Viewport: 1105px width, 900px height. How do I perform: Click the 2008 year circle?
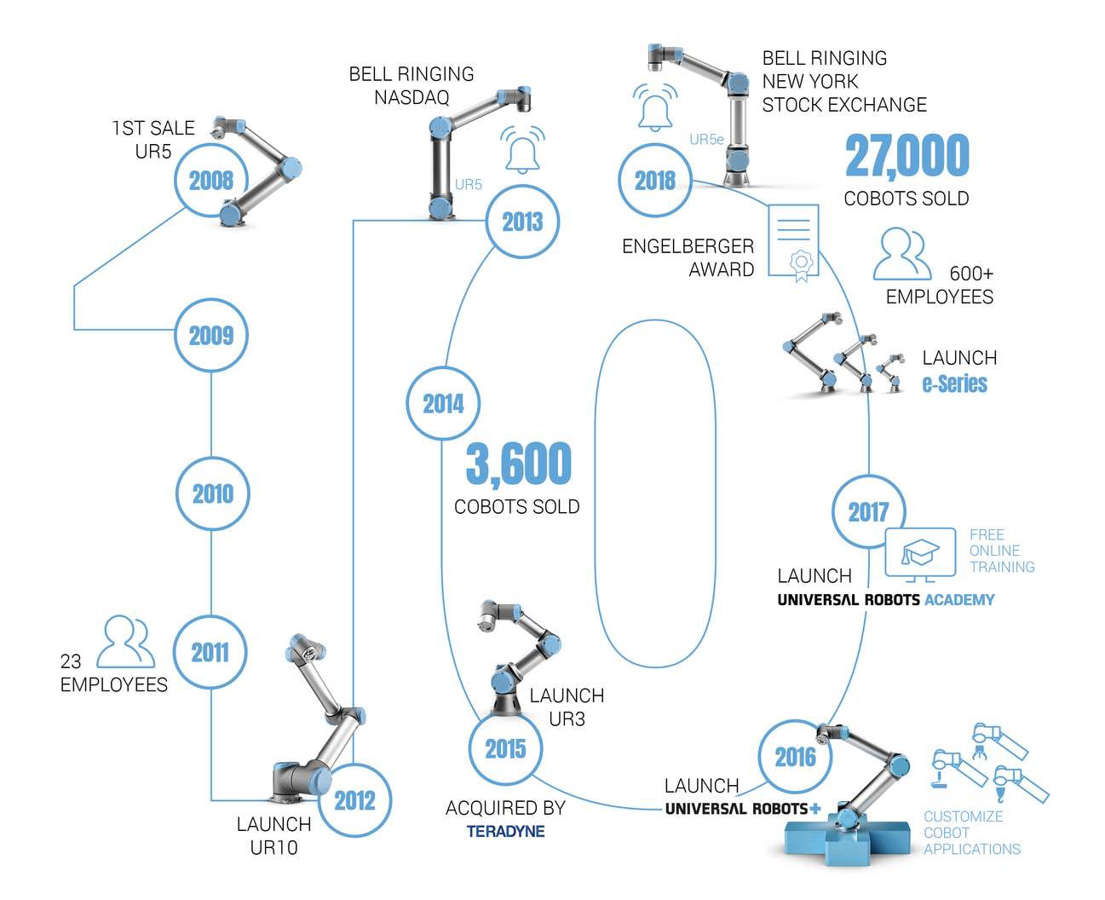pyautogui.click(x=210, y=180)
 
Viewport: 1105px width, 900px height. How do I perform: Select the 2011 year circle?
pyautogui.click(x=210, y=652)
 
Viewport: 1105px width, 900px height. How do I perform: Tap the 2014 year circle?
pyautogui.click(x=443, y=403)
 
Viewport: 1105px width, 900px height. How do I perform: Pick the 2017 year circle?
pyautogui.click(x=868, y=511)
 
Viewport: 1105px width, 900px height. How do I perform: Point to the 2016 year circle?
pyautogui.click(x=795, y=756)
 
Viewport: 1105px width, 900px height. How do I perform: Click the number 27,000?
pyautogui.click(x=906, y=156)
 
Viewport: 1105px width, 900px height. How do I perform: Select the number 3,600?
pyautogui.click(x=518, y=464)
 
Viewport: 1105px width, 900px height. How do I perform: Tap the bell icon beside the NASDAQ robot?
pyautogui.click(x=522, y=151)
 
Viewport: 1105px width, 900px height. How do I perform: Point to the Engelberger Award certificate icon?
pyautogui.click(x=794, y=241)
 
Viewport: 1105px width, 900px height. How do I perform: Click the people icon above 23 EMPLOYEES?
pyautogui.click(x=125, y=642)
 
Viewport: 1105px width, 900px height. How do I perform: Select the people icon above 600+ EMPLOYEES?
pyautogui.click(x=902, y=253)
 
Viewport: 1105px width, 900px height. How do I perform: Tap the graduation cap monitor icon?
pyautogui.click(x=921, y=554)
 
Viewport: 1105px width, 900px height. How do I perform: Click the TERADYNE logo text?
pyautogui.click(x=505, y=831)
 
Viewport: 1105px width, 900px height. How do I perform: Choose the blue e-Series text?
pyautogui.click(x=954, y=384)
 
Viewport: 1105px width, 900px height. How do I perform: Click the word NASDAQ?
pyautogui.click(x=411, y=97)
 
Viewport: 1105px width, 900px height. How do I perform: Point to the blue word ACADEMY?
pyautogui.click(x=959, y=600)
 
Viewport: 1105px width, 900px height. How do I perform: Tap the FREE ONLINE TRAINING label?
pyautogui.click(x=1001, y=551)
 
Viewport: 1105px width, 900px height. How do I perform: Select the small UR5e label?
pyautogui.click(x=705, y=139)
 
